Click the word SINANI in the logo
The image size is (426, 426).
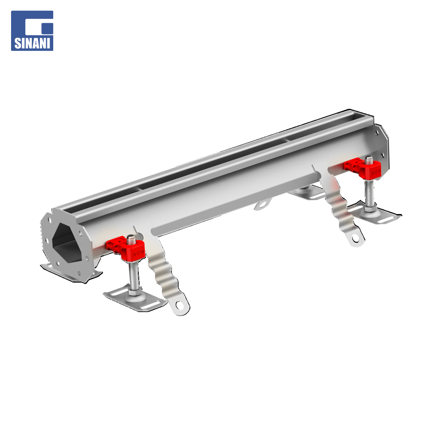tap(32, 43)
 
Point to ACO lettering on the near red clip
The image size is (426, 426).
tap(138, 253)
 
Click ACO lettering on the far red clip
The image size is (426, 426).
tap(376, 172)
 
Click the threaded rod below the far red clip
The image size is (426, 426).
tap(370, 193)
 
